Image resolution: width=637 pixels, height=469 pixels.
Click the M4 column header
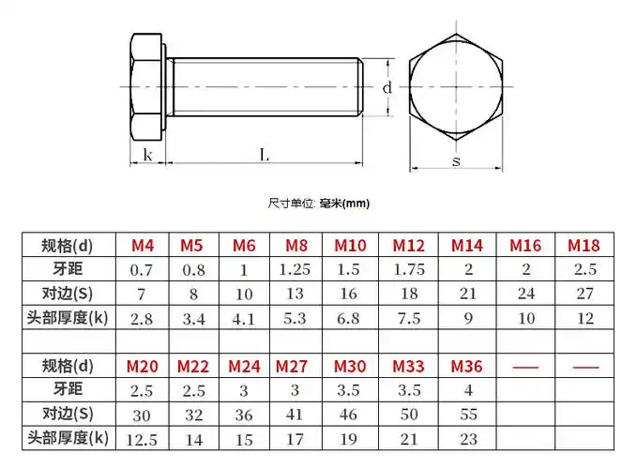pyautogui.click(x=142, y=246)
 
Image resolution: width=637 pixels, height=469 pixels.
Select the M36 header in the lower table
pyautogui.click(x=466, y=365)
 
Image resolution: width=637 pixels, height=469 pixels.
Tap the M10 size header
pyautogui.click(x=350, y=246)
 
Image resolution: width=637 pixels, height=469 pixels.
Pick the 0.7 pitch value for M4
pyautogui.click(x=142, y=270)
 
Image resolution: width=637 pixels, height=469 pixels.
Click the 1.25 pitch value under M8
pyautogui.click(x=295, y=270)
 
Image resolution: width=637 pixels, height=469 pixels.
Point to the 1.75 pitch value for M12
pyautogui.click(x=408, y=270)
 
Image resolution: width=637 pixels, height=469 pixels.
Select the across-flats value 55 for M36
pyautogui.click(x=466, y=414)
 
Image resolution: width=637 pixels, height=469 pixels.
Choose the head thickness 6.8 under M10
pyautogui.click(x=350, y=318)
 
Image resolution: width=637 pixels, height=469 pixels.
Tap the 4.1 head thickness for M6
pyautogui.click(x=243, y=318)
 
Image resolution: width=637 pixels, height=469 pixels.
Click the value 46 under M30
pyautogui.click(x=350, y=414)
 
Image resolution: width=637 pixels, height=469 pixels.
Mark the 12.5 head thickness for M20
pyautogui.click(x=142, y=437)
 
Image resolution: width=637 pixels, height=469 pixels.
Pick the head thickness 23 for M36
pyautogui.click(x=466, y=437)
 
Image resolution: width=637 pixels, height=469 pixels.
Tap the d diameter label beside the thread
pyautogui.click(x=386, y=87)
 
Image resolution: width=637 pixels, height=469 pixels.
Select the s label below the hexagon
pyautogui.click(x=456, y=161)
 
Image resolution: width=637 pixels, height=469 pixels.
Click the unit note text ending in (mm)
pyautogui.click(x=319, y=203)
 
